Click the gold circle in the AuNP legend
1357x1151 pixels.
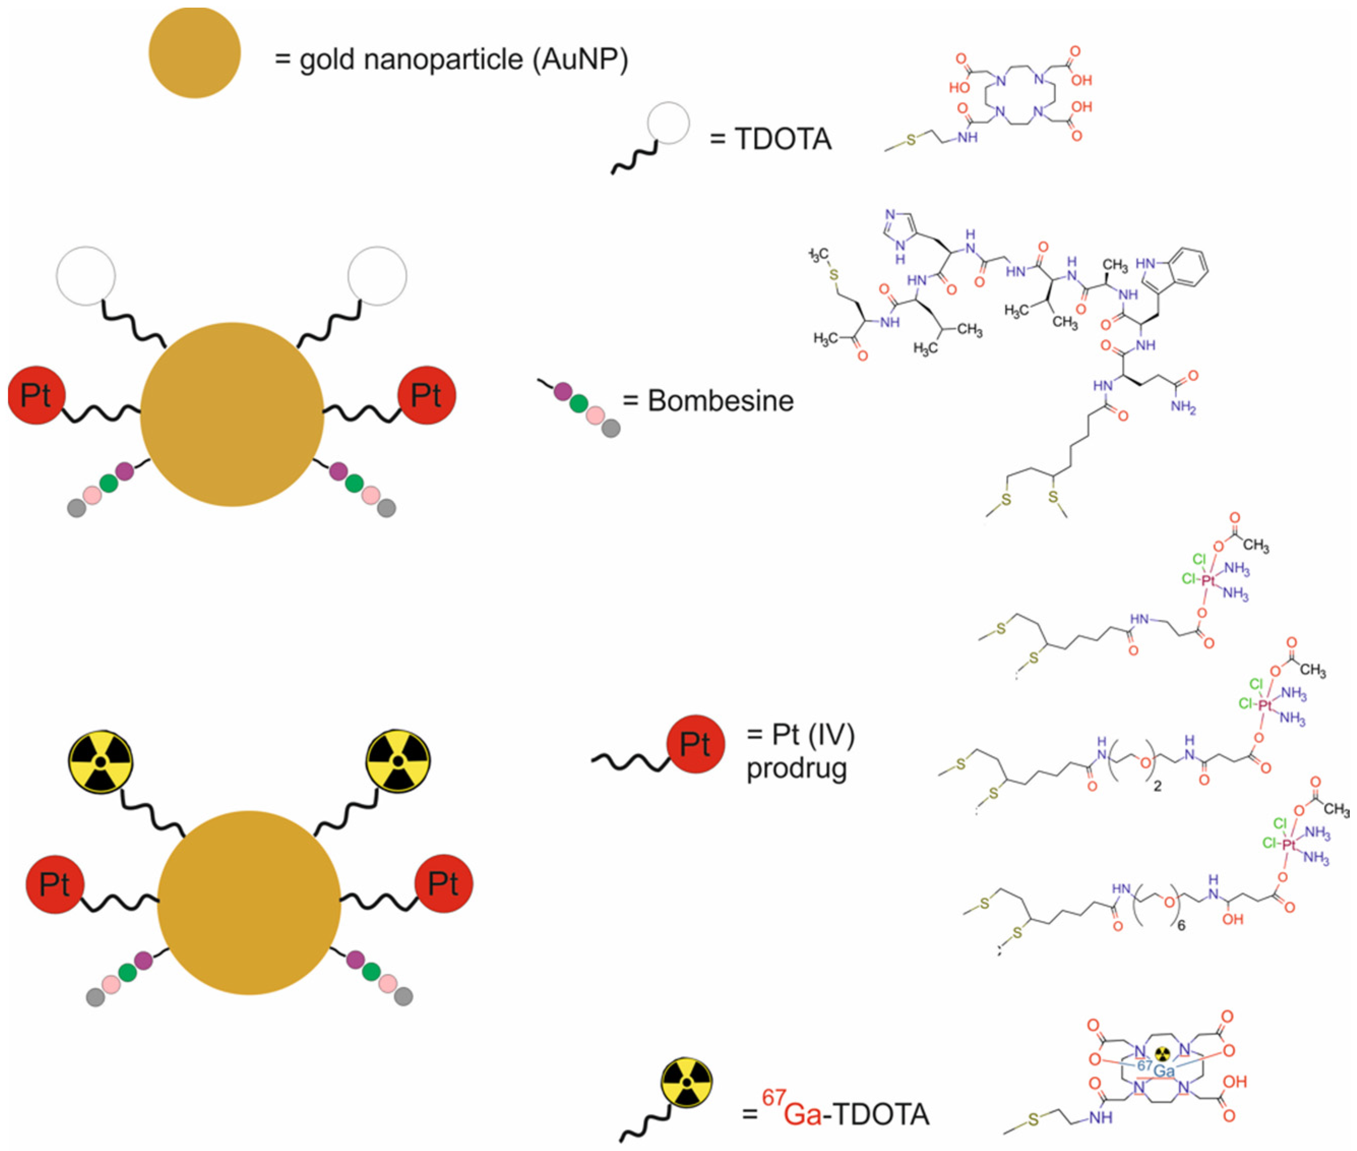click(x=195, y=53)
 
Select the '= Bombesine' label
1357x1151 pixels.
click(x=708, y=401)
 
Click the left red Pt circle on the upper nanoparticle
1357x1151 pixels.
click(x=36, y=395)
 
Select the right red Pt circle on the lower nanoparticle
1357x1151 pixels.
click(x=444, y=884)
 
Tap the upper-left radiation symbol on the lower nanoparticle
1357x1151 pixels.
click(x=101, y=761)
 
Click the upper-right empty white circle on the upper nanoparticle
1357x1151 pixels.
click(x=377, y=276)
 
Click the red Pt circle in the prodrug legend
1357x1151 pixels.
click(x=695, y=743)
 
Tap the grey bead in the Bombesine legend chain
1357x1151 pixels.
click(x=611, y=429)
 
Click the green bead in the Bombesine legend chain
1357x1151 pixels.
click(x=578, y=404)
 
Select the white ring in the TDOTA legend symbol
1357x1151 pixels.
click(x=668, y=123)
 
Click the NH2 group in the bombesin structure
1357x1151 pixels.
click(x=1183, y=408)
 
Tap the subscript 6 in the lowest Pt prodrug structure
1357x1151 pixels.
click(x=1182, y=925)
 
